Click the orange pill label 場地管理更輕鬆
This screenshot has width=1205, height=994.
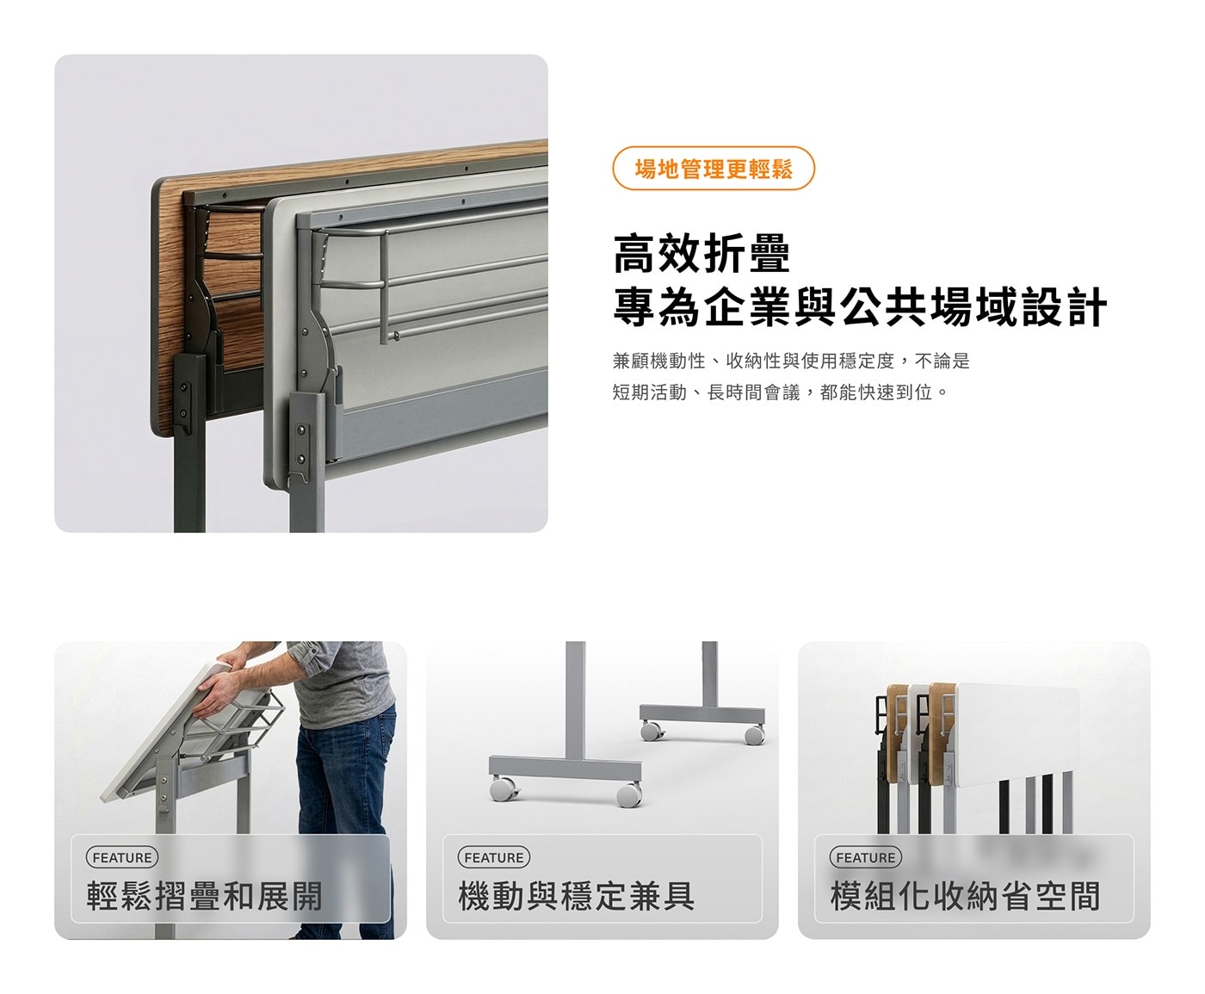tap(714, 169)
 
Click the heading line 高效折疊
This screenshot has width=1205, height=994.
tap(701, 253)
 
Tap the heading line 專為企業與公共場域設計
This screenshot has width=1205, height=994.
tap(860, 306)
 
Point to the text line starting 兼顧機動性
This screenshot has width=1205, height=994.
tap(791, 361)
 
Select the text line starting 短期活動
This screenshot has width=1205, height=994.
tap(780, 393)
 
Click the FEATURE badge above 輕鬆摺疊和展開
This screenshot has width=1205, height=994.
tap(121, 858)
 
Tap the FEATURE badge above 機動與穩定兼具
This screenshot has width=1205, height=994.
tap(493, 858)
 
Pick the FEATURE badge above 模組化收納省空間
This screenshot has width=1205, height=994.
tap(865, 858)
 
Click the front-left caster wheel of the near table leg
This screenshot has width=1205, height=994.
tap(504, 788)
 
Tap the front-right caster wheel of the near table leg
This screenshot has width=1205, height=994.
tap(628, 794)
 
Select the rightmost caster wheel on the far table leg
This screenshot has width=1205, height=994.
tap(754, 735)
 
